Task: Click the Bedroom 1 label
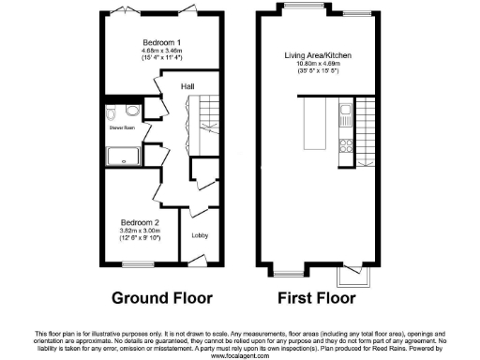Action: pos(157,44)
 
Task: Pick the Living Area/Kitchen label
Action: pos(319,55)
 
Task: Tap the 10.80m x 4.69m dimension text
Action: pos(319,65)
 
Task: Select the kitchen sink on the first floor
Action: pos(346,115)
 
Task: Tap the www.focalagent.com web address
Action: pos(240,355)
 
